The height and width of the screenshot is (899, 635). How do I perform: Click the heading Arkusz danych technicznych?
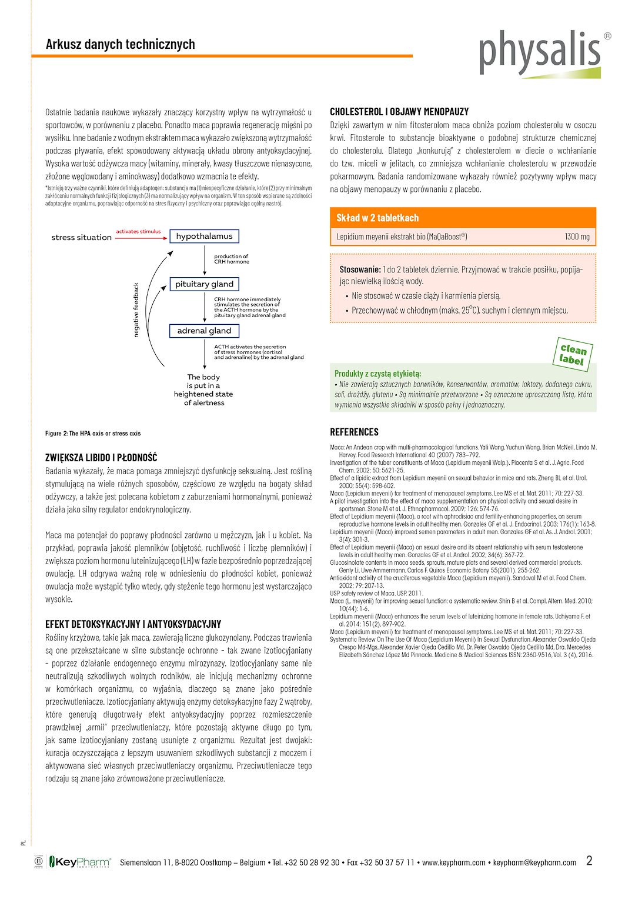click(121, 44)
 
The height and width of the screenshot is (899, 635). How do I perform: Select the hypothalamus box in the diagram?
click(204, 237)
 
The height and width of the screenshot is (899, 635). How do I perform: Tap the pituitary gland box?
click(204, 284)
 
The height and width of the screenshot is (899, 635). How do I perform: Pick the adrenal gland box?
click(204, 331)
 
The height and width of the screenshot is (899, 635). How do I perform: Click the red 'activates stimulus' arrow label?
click(138, 232)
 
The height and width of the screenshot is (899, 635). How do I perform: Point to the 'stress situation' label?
click(81, 238)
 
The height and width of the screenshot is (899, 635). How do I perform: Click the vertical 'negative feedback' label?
click(136, 310)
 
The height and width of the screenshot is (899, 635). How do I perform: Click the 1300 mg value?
click(577, 237)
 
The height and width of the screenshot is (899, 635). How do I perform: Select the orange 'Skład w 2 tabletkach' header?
click(377, 218)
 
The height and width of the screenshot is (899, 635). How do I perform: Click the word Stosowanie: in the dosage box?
click(360, 269)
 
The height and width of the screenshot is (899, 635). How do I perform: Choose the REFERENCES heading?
click(354, 432)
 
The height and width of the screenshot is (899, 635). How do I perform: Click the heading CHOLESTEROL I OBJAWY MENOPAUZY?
click(399, 112)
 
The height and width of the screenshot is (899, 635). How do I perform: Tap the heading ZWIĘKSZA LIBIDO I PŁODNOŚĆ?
click(101, 458)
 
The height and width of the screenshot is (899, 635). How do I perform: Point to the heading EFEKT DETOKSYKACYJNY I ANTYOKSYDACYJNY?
click(133, 624)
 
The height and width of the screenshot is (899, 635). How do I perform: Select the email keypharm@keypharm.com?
click(534, 863)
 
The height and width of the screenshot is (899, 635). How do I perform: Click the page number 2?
click(589, 861)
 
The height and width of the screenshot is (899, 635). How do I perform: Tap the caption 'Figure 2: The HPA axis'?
click(93, 434)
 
